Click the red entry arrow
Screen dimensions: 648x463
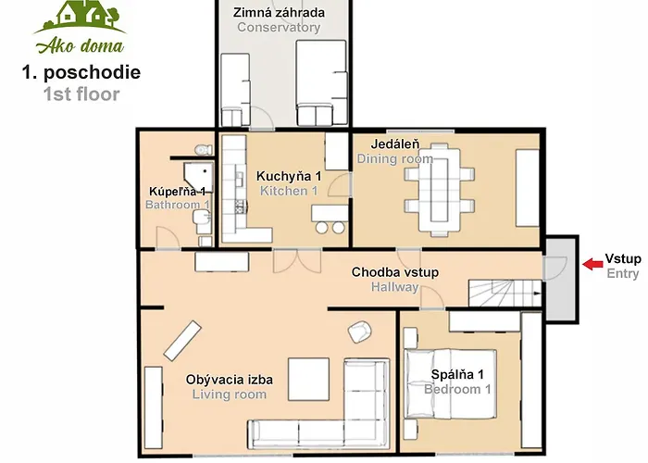click(x=592, y=264)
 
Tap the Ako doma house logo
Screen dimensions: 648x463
click(x=80, y=27)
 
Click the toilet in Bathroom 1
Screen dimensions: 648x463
click(x=204, y=149)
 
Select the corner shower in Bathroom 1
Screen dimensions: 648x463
click(x=199, y=178)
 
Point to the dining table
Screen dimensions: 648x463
click(x=440, y=190)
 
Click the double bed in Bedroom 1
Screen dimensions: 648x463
click(x=450, y=384)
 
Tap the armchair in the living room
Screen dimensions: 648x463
click(x=359, y=332)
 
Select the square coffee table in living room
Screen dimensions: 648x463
click(x=308, y=380)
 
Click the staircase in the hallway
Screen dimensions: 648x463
click(x=505, y=294)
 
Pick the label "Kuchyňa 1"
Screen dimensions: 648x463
click(x=289, y=176)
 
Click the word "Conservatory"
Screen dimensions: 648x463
click(x=279, y=27)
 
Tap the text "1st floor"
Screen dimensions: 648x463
click(x=81, y=94)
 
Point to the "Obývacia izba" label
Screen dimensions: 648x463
click(x=230, y=380)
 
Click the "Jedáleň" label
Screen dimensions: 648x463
click(x=395, y=144)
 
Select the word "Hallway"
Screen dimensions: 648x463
click(x=394, y=287)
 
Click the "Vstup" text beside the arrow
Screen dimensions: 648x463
click(x=623, y=258)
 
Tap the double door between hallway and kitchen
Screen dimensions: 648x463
click(x=297, y=261)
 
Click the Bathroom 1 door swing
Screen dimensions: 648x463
click(x=168, y=238)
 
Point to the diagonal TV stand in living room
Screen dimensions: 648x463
click(x=182, y=341)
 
